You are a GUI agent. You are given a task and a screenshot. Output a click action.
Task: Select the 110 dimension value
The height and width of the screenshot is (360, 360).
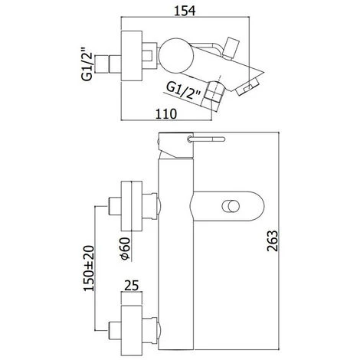tap(166, 113)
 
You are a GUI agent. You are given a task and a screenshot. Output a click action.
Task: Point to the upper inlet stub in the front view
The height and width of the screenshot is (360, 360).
tap(116, 205)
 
